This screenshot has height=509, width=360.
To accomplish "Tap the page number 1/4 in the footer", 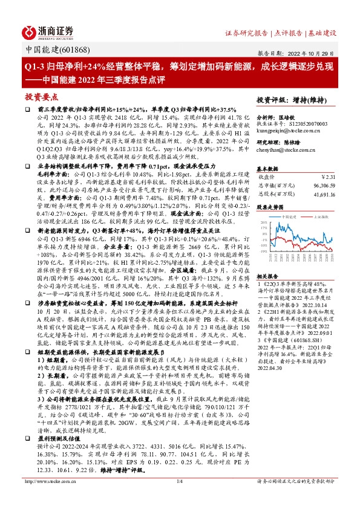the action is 179,498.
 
